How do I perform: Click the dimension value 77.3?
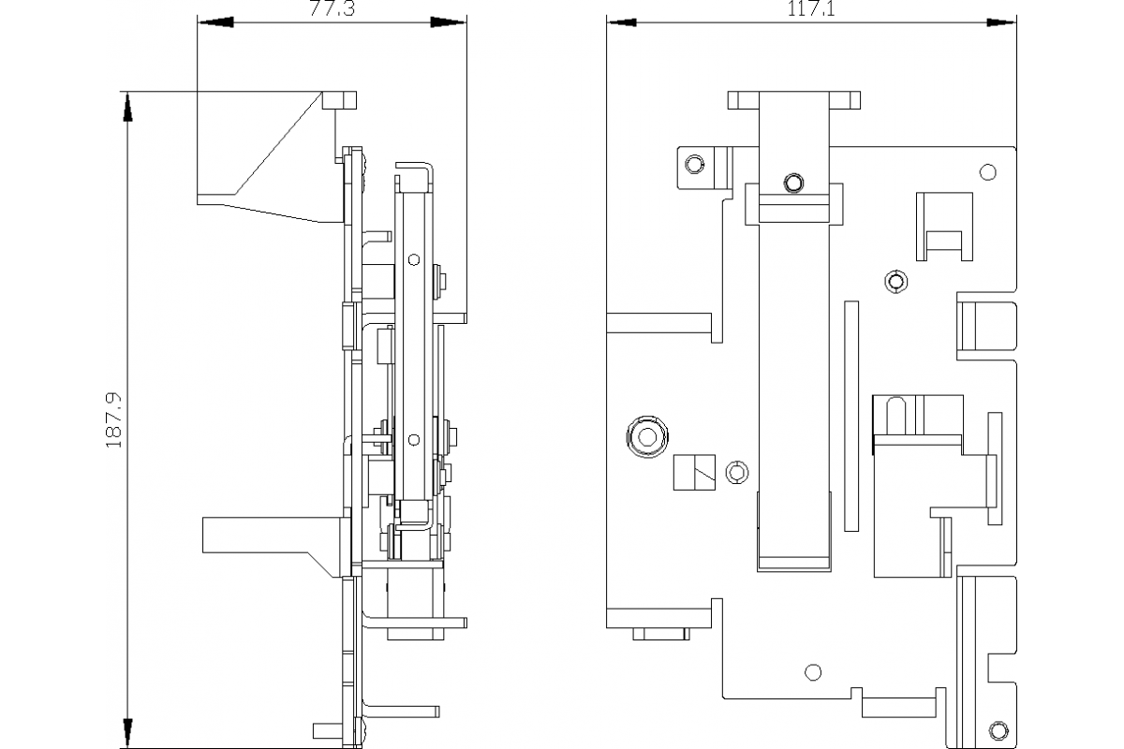coord(332,8)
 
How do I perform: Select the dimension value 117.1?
coord(811,8)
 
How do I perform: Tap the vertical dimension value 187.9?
coord(114,420)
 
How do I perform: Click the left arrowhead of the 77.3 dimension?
coord(216,22)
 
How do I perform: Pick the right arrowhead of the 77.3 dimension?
coord(448,22)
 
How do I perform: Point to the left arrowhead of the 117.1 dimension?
coord(622,22)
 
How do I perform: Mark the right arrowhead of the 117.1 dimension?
coord(1001,22)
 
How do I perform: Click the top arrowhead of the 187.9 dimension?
coord(128,108)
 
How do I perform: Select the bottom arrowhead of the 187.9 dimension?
coord(128,732)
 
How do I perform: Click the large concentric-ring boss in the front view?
coord(647,436)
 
